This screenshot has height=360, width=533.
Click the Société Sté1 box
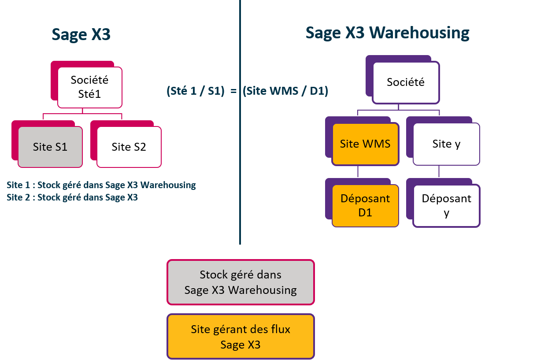(x=90, y=87)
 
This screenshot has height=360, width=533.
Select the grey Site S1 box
(x=50, y=147)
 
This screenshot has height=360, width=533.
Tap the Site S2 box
(x=129, y=147)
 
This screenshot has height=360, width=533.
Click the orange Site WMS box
(x=365, y=144)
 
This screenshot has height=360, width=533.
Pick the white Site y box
(x=447, y=144)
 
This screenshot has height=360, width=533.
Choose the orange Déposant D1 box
(x=365, y=205)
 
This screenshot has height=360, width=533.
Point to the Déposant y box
(x=447, y=205)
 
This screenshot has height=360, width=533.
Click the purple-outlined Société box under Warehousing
(x=406, y=82)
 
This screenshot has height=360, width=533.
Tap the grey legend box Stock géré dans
(x=241, y=282)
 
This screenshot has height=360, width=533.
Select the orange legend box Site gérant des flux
(x=241, y=337)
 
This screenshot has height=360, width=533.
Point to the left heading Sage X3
(x=81, y=34)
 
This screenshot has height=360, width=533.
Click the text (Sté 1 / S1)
(x=196, y=91)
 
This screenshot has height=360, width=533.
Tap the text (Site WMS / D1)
(x=286, y=91)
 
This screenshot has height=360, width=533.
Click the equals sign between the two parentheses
(x=234, y=91)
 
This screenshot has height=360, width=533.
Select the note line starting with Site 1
(x=101, y=185)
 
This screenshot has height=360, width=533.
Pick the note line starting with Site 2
(x=72, y=197)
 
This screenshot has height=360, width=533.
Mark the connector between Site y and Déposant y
(x=439, y=172)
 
